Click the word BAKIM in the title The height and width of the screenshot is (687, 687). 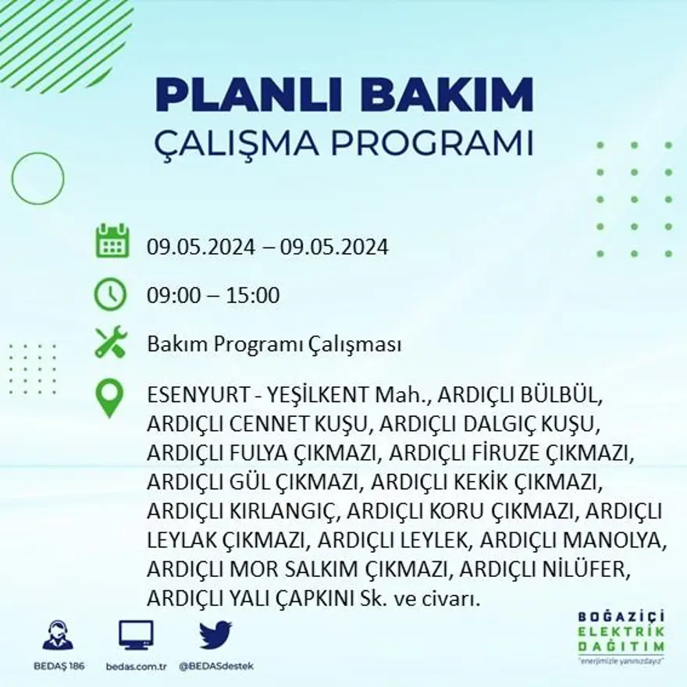point(448,96)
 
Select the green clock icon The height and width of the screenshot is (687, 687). point(110,294)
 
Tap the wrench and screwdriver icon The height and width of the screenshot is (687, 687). point(110,343)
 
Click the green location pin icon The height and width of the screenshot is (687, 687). point(110,397)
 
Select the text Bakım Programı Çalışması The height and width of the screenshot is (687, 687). point(274,344)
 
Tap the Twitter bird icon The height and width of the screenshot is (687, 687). point(215,635)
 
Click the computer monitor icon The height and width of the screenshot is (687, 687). point(136,635)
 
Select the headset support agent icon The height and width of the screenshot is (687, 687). point(58,635)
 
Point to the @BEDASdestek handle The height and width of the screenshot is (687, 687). point(215,666)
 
